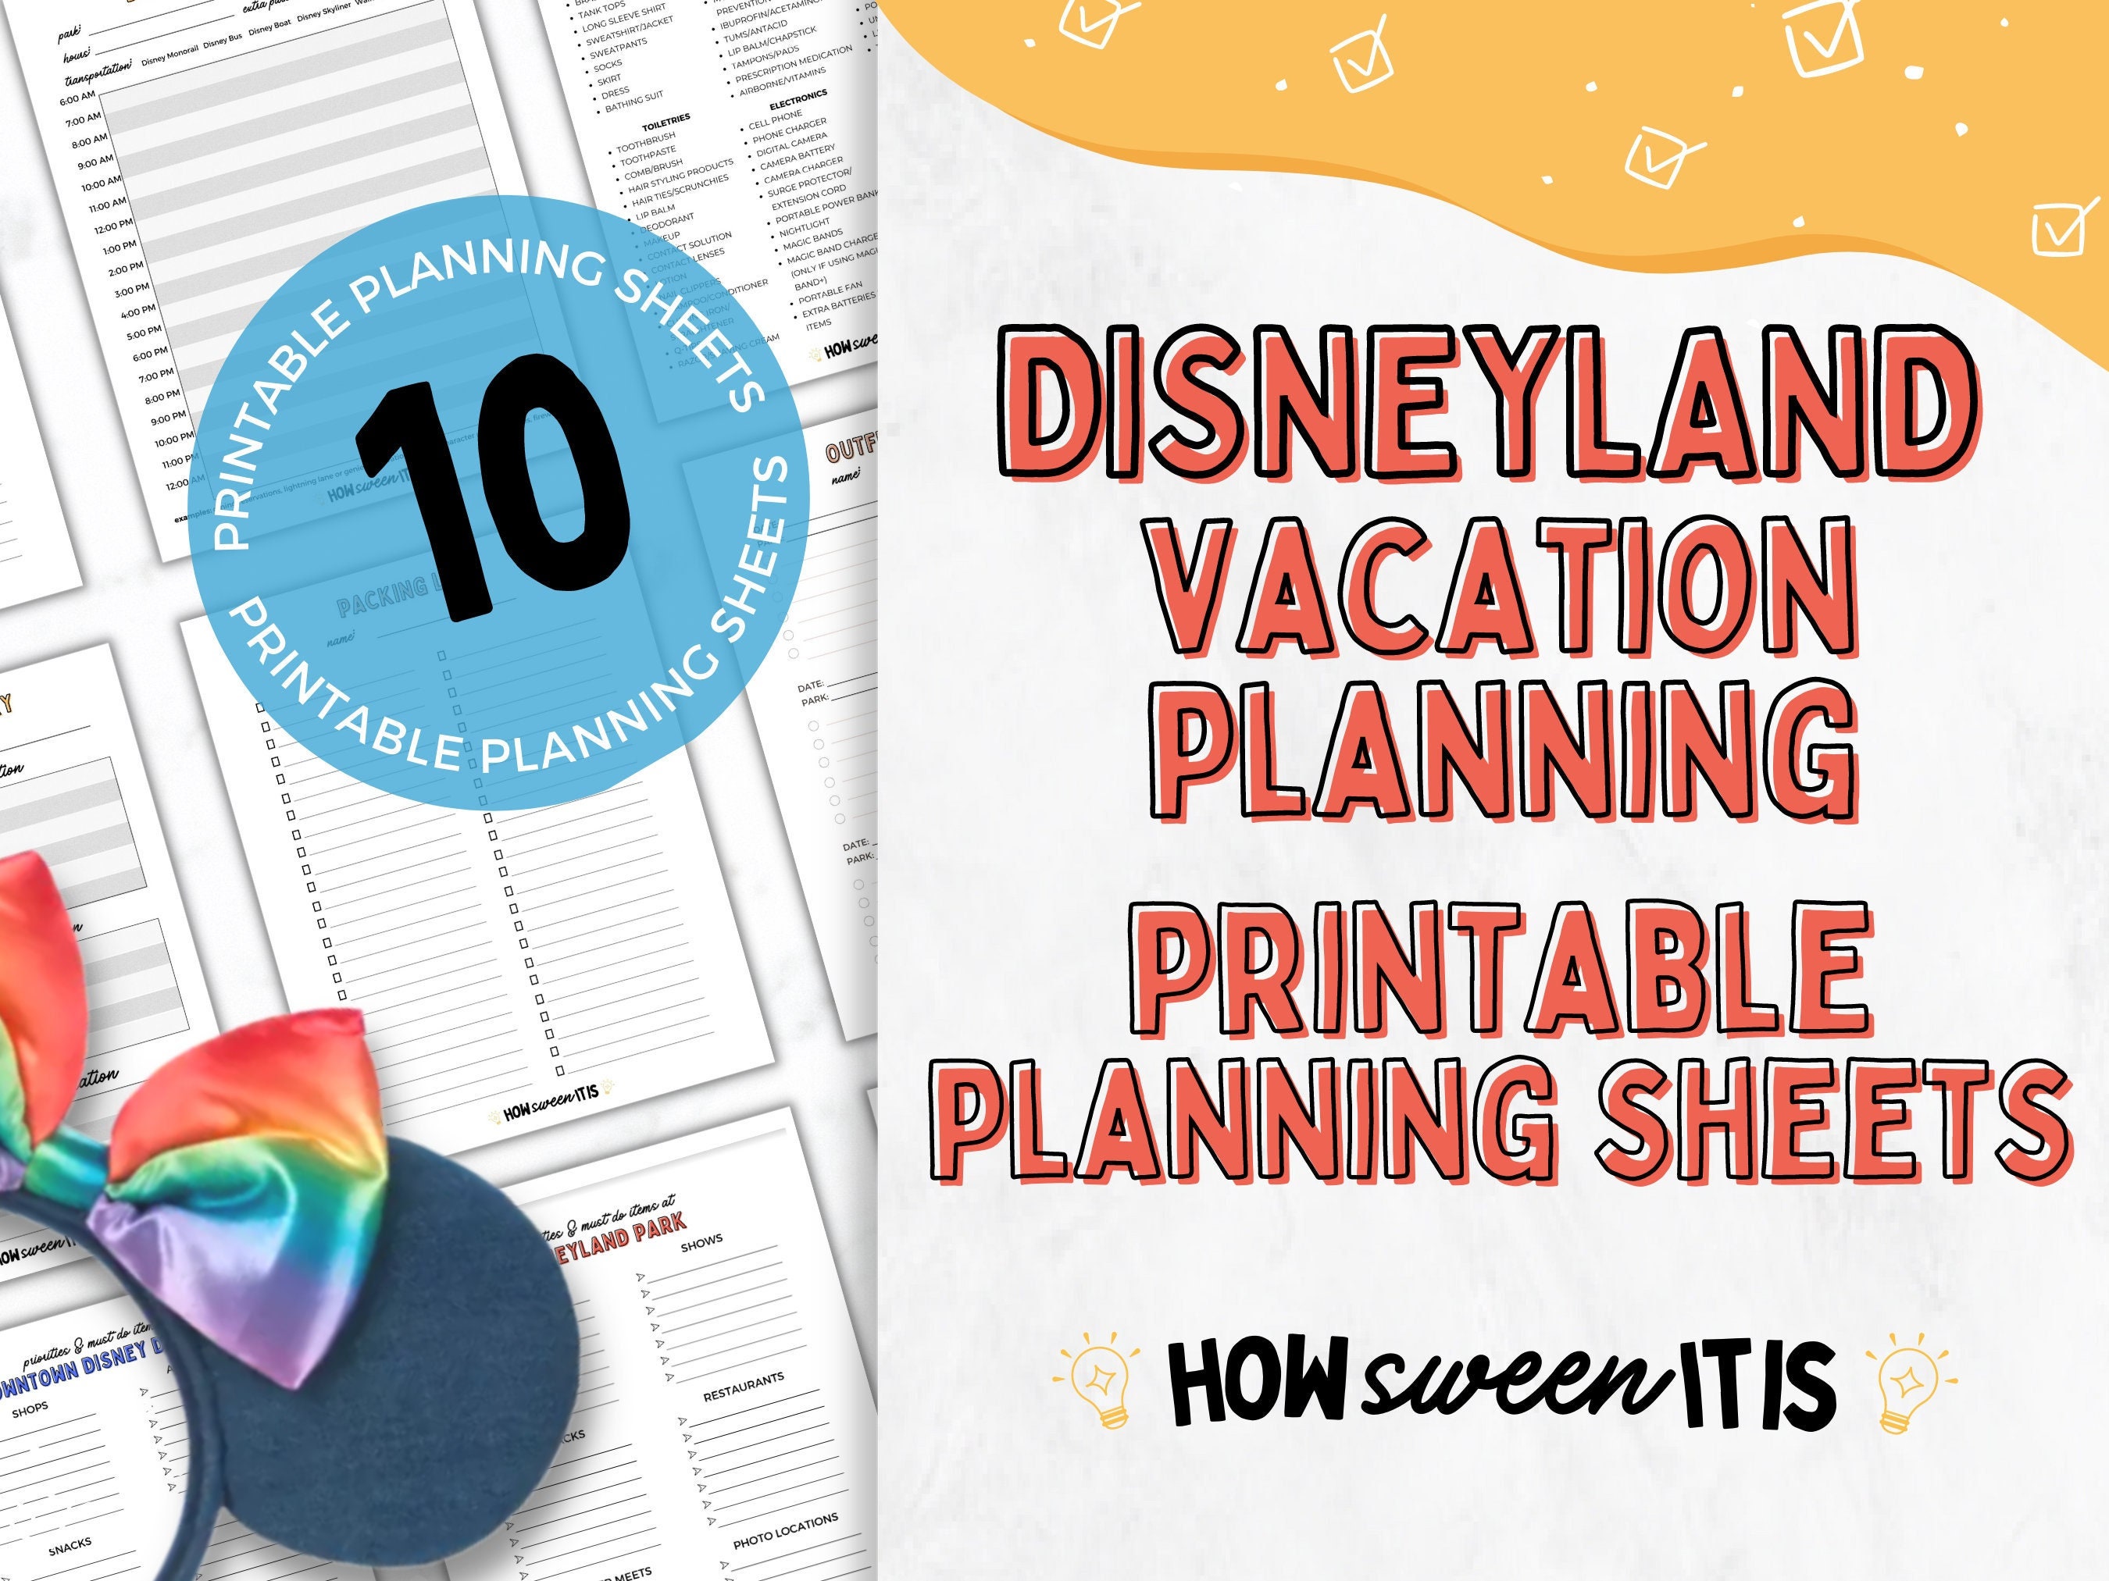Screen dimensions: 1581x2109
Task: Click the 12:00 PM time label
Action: point(112,227)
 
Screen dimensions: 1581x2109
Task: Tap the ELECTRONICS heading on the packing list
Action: point(798,99)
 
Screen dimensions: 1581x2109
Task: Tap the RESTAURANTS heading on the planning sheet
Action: point(743,1387)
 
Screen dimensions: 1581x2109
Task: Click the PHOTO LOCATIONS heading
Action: point(785,1529)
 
